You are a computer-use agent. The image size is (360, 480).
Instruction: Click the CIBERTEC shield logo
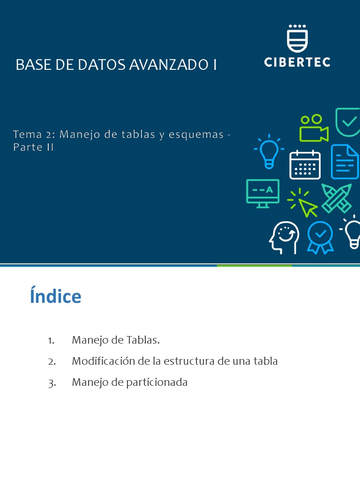pos(297,38)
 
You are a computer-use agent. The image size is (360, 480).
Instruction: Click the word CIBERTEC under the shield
pos(297,62)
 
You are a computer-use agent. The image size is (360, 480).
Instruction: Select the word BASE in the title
pos(32,65)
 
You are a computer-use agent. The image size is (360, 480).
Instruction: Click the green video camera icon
pos(313,127)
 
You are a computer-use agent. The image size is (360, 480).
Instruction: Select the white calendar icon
pos(305,165)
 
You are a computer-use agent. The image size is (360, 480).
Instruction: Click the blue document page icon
pos(345,162)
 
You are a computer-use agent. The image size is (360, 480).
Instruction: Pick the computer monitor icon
pos(263,193)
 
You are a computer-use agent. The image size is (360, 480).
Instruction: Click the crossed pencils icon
pos(337,198)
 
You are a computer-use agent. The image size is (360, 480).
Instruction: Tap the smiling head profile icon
pos(284,237)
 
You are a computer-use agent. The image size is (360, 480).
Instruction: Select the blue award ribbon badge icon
pos(320,237)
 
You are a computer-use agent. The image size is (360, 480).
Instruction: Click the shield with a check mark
pos(347,123)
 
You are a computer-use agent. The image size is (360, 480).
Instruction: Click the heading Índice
pos(55,296)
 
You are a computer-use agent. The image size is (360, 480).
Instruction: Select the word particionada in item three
pos(157,382)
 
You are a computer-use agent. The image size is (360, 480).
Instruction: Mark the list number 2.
pos(52,361)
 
